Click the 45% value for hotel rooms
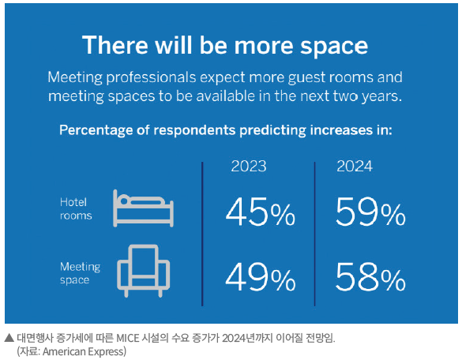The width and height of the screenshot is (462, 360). pyautogui.click(x=260, y=212)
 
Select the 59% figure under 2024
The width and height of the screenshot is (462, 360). pyautogui.click(x=370, y=212)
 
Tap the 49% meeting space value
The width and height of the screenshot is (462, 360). pyautogui.click(x=260, y=277)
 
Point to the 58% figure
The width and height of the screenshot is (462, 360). pyautogui.click(x=370, y=277)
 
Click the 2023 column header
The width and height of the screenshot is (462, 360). pyautogui.click(x=249, y=166)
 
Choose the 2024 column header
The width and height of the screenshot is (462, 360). pyautogui.click(x=355, y=166)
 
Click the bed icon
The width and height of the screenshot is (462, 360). pyautogui.click(x=143, y=208)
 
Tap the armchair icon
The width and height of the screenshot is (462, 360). pyautogui.click(x=143, y=271)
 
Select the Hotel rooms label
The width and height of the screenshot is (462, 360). pyautogui.click(x=76, y=209)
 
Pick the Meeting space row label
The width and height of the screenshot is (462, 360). pyautogui.click(x=80, y=273)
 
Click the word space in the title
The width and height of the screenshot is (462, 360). pyautogui.click(x=334, y=46)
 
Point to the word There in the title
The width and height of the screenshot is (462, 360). pyautogui.click(x=115, y=45)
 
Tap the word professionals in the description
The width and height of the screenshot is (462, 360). pyautogui.click(x=151, y=78)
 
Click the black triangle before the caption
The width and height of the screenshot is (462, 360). pyautogui.click(x=9, y=338)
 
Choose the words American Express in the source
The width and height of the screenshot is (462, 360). pyautogui.click(x=85, y=351)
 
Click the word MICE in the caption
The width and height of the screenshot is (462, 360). pyautogui.click(x=128, y=338)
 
